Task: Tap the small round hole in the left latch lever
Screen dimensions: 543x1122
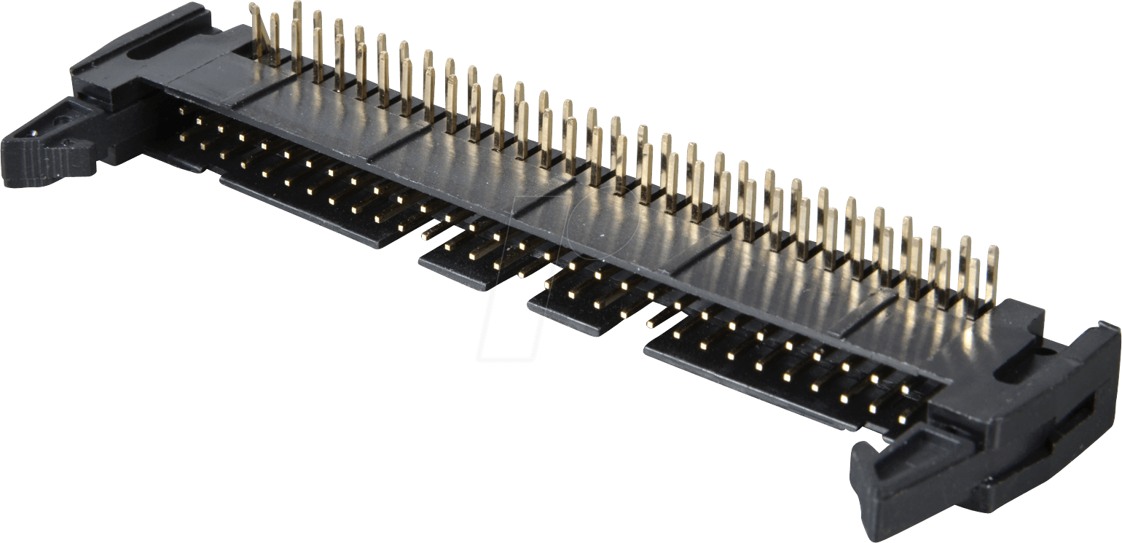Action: (36, 134)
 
